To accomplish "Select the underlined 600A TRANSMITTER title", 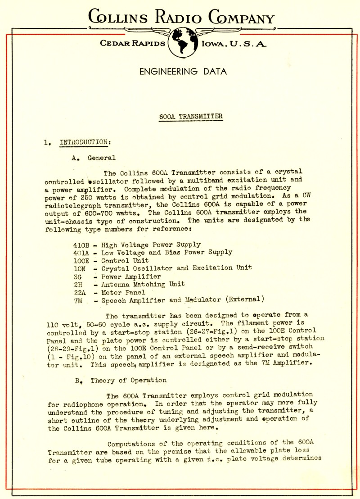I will tap(191, 116).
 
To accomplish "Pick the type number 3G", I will tap(76, 277).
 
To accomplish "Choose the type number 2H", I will tap(76, 285).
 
